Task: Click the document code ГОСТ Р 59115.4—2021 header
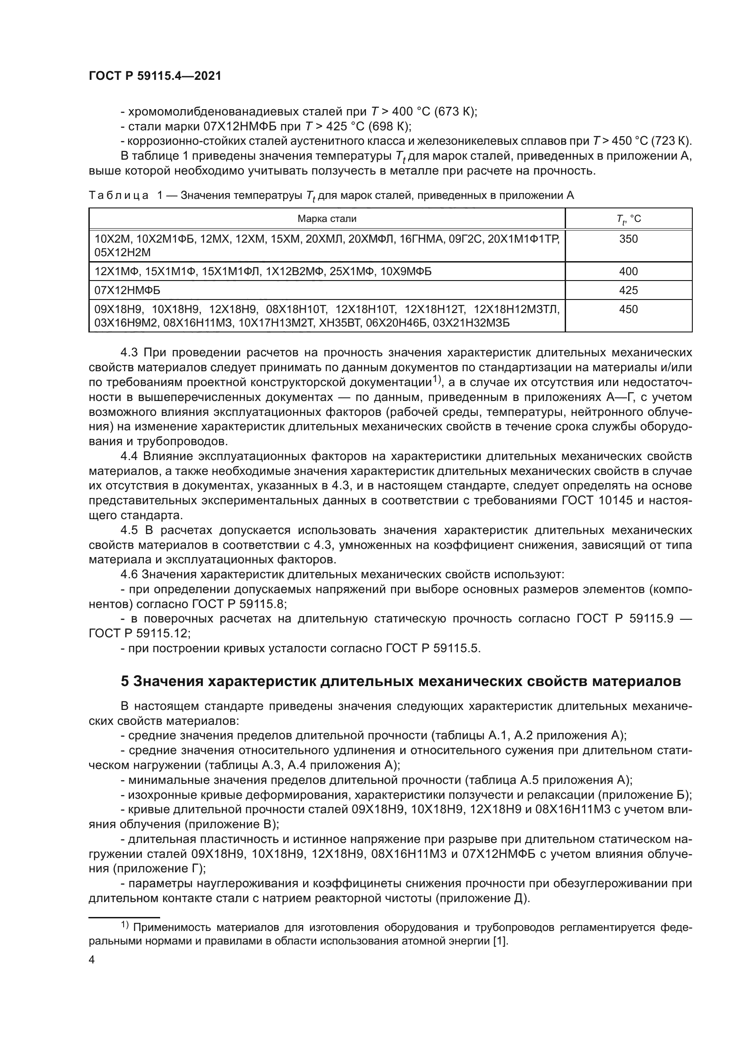155,76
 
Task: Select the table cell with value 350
628,239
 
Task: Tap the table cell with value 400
628,272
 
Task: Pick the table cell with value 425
628,290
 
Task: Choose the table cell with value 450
628,309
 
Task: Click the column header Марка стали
327,219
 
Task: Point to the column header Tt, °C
628,219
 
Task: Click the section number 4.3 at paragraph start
129,353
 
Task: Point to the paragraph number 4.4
129,456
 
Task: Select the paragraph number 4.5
129,531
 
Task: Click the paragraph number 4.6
129,575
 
